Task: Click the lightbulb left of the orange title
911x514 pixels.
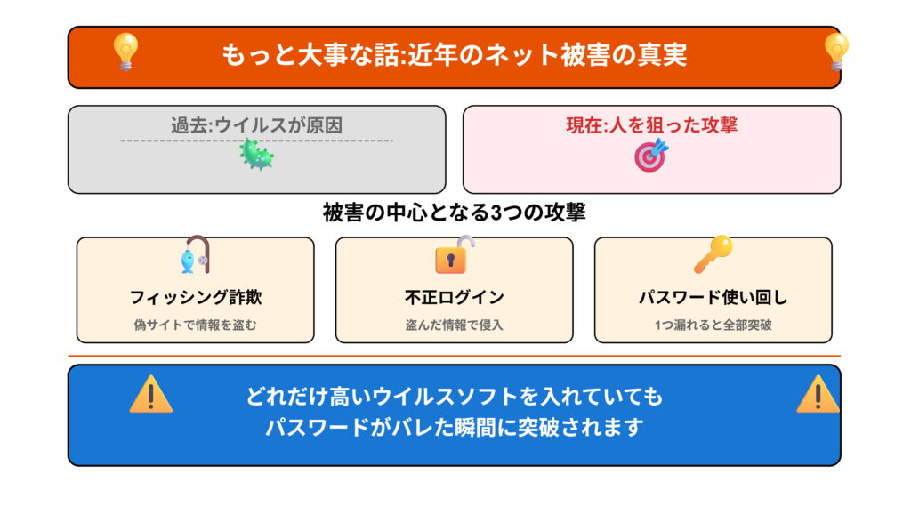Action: click(125, 52)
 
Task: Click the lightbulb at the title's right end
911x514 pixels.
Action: click(835, 52)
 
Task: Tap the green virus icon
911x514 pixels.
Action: click(256, 156)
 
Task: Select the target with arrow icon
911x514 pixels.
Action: click(649, 156)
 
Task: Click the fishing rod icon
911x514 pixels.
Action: click(194, 256)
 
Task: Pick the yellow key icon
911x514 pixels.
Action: click(713, 254)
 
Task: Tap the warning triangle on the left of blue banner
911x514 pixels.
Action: click(150, 394)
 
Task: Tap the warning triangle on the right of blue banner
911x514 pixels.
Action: click(817, 394)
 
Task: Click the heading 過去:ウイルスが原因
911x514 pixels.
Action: click(256, 125)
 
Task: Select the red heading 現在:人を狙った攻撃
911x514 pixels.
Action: click(651, 124)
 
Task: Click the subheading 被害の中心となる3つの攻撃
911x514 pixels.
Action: click(454, 213)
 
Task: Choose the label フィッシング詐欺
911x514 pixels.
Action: click(195, 297)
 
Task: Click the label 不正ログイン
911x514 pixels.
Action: click(454, 297)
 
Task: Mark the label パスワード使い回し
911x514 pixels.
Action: click(713, 297)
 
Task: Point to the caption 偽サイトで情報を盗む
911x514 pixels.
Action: click(195, 325)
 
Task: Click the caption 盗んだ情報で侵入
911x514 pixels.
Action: click(454, 325)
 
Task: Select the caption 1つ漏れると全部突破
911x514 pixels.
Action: click(713, 325)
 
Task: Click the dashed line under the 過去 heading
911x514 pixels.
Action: click(178, 141)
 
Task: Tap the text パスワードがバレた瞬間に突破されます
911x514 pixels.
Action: click(454, 427)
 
